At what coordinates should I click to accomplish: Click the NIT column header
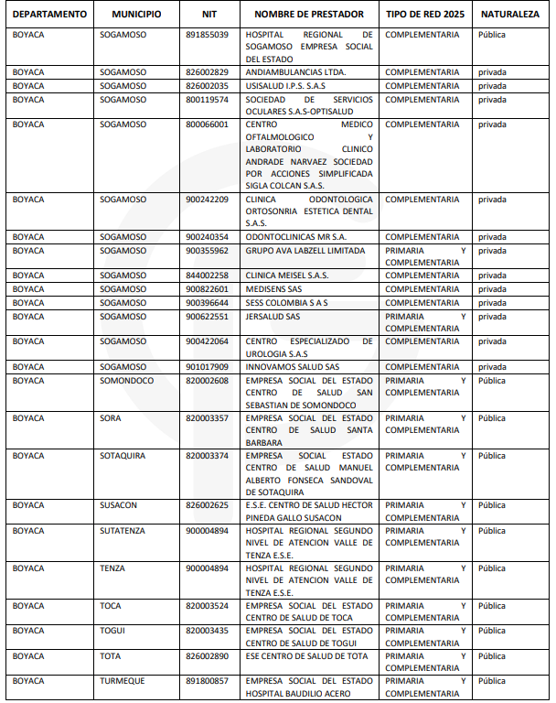click(x=209, y=15)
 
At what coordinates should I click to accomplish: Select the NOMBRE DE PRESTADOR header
click(x=309, y=15)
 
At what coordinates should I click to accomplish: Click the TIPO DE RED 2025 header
click(x=425, y=15)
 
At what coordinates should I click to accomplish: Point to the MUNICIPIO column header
click(x=136, y=15)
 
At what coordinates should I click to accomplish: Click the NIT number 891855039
click(x=207, y=34)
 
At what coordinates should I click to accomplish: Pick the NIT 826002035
click(x=207, y=86)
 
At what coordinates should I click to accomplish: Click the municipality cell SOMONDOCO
click(x=127, y=381)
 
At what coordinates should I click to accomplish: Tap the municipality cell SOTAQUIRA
click(x=123, y=456)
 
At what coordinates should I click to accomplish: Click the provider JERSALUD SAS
click(x=273, y=317)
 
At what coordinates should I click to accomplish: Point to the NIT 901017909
click(x=207, y=367)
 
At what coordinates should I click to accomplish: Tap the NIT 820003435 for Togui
click(x=207, y=631)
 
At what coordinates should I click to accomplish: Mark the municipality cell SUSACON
click(x=119, y=505)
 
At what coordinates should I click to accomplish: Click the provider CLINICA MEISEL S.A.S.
click(x=287, y=276)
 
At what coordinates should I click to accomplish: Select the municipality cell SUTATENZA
click(x=123, y=531)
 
